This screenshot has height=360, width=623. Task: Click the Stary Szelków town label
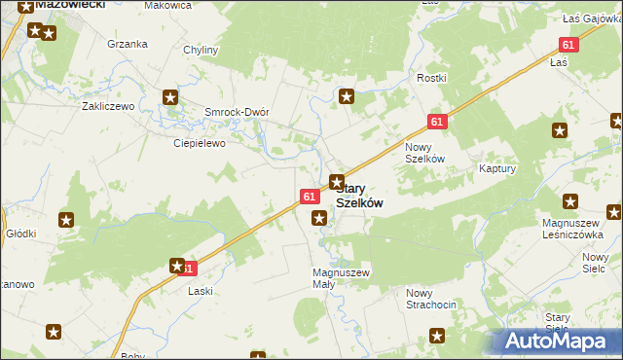point(358,196)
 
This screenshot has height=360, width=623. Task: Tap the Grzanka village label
point(128,44)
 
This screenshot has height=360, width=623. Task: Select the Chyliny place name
point(201,50)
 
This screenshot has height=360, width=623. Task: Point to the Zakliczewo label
point(107,106)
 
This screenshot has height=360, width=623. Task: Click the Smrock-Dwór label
point(236,111)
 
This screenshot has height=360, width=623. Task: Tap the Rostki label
point(431,78)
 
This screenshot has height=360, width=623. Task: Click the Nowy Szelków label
point(424,153)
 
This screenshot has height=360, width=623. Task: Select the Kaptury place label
point(496,168)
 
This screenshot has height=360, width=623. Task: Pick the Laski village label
point(201,291)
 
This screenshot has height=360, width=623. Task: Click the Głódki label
point(21,234)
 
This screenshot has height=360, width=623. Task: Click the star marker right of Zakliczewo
point(171,96)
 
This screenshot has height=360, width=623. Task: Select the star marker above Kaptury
point(559,130)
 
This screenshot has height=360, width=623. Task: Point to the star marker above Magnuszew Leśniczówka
point(570,202)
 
